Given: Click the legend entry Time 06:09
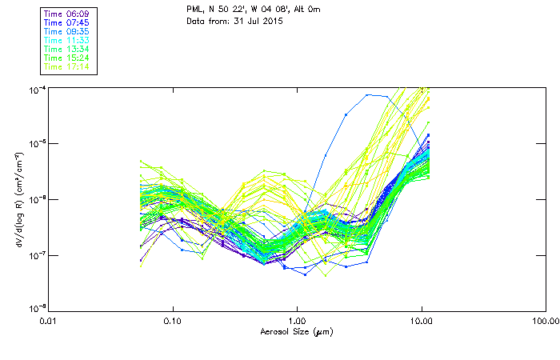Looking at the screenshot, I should tap(66, 14).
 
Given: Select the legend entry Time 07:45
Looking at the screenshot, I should tap(66, 23).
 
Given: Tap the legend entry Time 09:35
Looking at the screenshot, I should tap(66, 32).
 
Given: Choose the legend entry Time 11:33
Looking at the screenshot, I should tap(66, 40).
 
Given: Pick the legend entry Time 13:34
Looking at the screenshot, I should tap(66, 49).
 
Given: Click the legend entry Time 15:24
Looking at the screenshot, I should tap(66, 58).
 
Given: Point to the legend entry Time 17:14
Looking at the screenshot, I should tap(66, 66).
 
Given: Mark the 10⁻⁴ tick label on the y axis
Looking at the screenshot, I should tap(36, 89).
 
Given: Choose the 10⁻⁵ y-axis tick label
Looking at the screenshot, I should tap(36, 144).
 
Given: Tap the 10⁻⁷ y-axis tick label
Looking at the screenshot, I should tap(36, 255).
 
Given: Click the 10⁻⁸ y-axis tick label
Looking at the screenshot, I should tap(36, 309).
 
